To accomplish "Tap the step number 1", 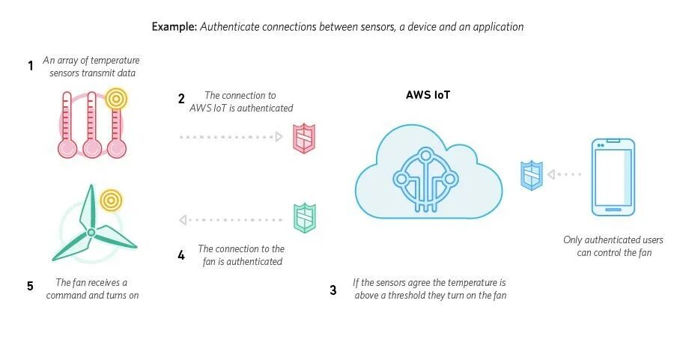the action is coord(31,66).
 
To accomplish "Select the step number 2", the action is coord(181,99).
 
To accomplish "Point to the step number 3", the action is coord(333,290).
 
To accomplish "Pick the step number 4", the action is coord(181,255).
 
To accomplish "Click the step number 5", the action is coord(30,285).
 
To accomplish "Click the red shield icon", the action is coord(303,138).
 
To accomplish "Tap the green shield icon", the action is coord(304,219).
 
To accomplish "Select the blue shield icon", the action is coord(532,174).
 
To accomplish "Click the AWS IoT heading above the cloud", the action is coord(428,96).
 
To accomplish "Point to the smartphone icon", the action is coord(613,177).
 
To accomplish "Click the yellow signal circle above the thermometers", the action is coord(115,98).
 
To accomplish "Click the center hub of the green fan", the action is coord(90,233).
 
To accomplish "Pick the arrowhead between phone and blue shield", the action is coord(552,174).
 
